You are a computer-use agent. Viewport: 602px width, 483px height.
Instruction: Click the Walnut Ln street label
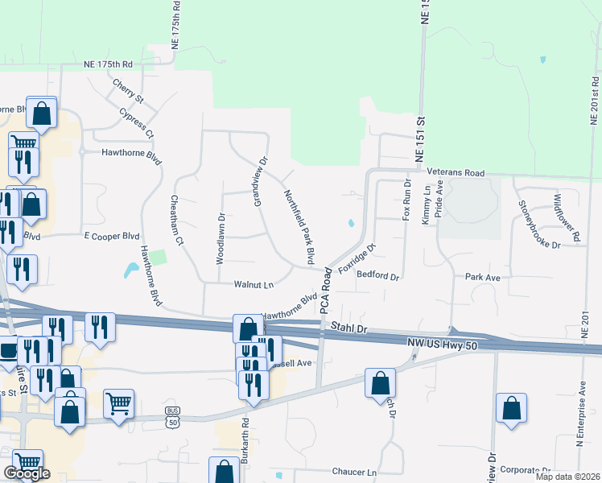(254, 284)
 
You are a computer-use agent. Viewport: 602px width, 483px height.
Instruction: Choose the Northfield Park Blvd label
(299, 228)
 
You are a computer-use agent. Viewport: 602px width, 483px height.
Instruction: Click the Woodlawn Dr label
(220, 238)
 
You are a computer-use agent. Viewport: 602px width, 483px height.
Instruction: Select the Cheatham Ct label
(176, 219)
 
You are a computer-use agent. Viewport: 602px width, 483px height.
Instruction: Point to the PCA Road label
(326, 290)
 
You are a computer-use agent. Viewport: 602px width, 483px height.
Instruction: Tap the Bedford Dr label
(378, 277)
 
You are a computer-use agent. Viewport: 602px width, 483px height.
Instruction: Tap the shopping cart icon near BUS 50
(118, 402)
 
